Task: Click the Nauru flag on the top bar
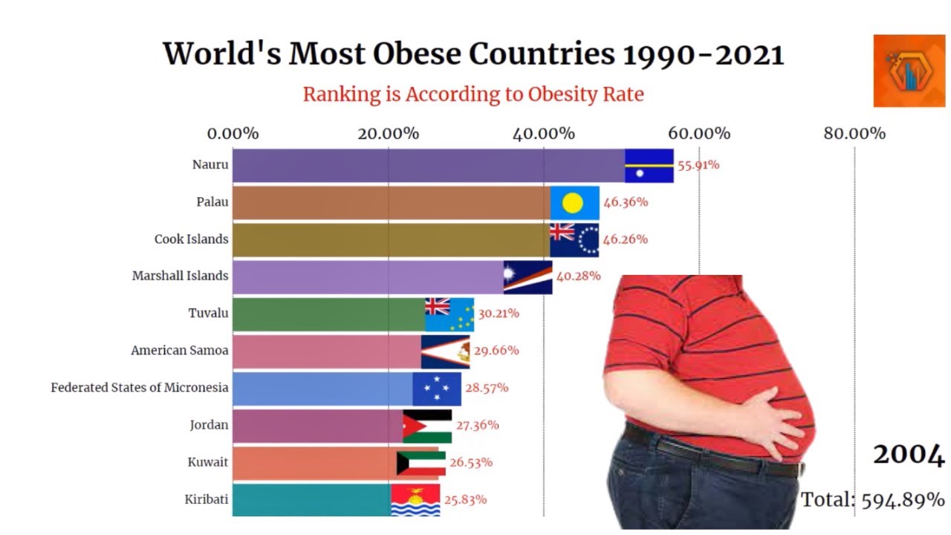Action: pyautogui.click(x=649, y=165)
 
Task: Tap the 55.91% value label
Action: pyautogui.click(x=697, y=165)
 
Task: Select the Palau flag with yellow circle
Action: pyautogui.click(x=574, y=202)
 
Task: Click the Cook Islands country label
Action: pyautogui.click(x=191, y=239)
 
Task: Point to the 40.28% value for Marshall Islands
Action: pyautogui.click(x=578, y=276)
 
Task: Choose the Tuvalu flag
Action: pyautogui.click(x=449, y=314)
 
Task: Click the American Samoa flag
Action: pyautogui.click(x=445, y=351)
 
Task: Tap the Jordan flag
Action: pyautogui.click(x=427, y=426)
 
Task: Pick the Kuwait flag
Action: pyautogui.click(x=421, y=463)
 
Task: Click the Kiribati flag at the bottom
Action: pyautogui.click(x=415, y=500)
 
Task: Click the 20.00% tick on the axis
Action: pyautogui.click(x=388, y=134)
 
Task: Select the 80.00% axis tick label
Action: pyautogui.click(x=854, y=134)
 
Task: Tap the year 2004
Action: pyautogui.click(x=909, y=454)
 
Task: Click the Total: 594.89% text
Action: pyautogui.click(x=873, y=499)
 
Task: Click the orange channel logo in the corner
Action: pyautogui.click(x=909, y=71)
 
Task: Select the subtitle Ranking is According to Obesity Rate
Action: pyautogui.click(x=473, y=94)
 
